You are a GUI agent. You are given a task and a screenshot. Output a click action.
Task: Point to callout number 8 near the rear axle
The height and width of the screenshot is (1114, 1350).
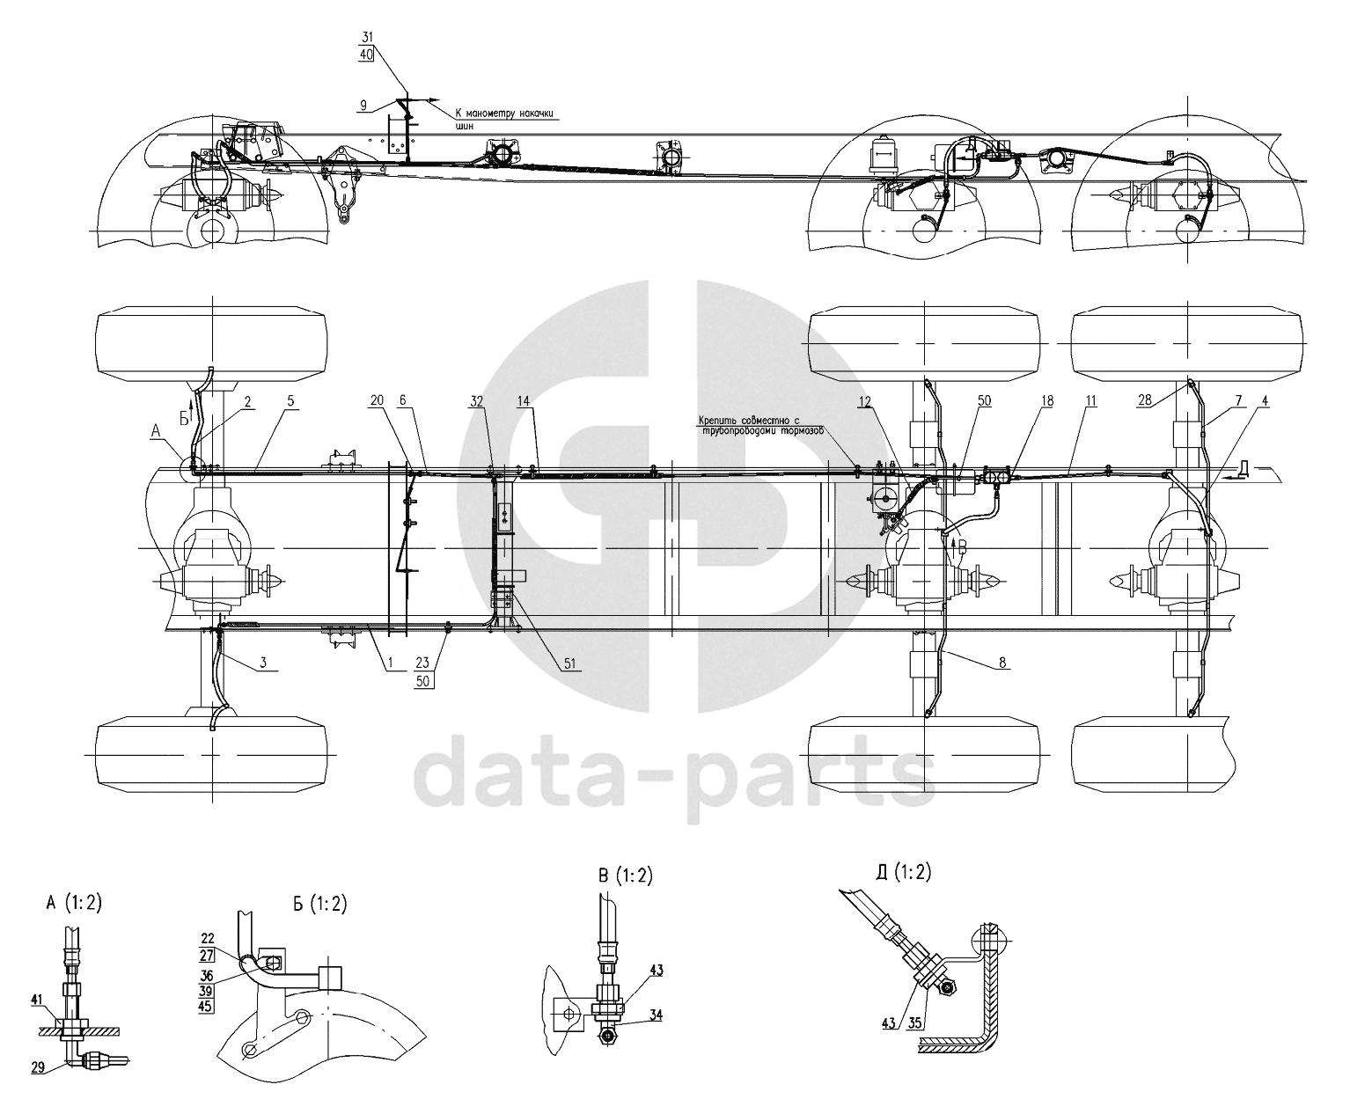[1001, 664]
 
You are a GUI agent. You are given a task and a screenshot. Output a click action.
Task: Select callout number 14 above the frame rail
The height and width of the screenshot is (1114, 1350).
[525, 400]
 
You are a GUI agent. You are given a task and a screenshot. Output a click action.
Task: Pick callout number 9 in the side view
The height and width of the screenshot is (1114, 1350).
[363, 105]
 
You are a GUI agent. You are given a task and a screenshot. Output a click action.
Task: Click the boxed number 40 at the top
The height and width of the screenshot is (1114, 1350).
[366, 54]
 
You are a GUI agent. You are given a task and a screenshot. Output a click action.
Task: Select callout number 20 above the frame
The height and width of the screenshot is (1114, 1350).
[377, 400]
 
